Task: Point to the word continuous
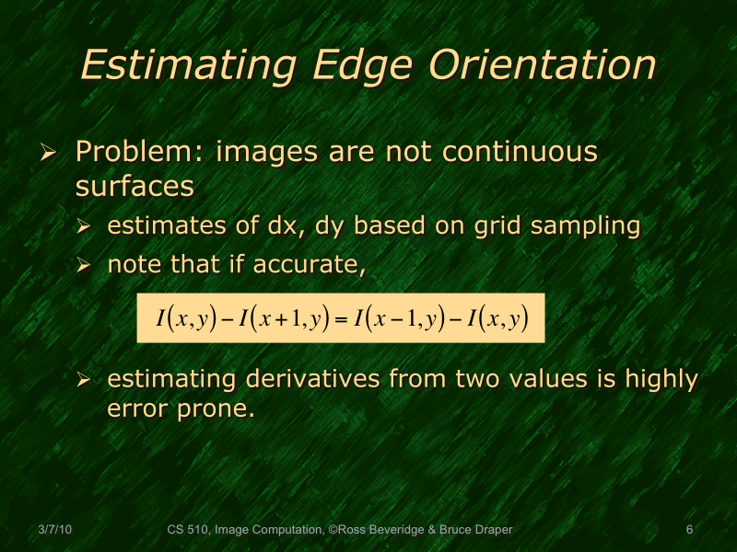pyautogui.click(x=521, y=152)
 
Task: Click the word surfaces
pyautogui.click(x=135, y=186)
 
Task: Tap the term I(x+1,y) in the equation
pyautogui.click(x=283, y=319)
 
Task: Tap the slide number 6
pyautogui.click(x=689, y=529)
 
